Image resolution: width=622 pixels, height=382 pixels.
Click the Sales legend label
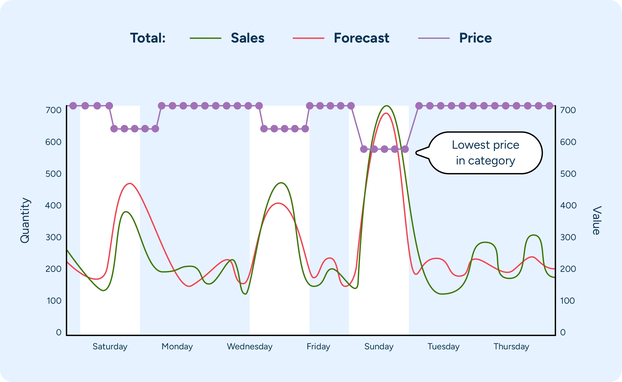[247, 38]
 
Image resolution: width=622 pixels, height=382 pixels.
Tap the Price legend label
[475, 38]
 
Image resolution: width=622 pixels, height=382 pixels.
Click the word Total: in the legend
[148, 38]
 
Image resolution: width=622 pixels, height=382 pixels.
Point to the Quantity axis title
[25, 220]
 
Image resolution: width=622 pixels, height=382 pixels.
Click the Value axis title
[596, 220]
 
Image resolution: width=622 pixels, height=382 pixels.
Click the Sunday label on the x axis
[379, 346]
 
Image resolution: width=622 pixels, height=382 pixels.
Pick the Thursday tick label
[511, 346]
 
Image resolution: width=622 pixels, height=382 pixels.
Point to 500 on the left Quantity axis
[53, 174]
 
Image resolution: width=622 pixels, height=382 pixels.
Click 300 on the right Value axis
[568, 237]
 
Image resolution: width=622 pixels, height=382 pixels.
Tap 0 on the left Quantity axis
[59, 332]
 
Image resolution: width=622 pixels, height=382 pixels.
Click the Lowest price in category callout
[485, 153]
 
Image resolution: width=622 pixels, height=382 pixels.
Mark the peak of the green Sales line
[386, 106]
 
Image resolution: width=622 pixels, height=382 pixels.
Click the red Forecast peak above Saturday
[130, 183]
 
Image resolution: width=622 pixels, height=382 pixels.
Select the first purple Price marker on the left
[73, 106]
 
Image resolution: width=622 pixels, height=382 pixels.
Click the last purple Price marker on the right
[549, 106]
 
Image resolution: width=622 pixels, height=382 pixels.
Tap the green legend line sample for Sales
[205, 38]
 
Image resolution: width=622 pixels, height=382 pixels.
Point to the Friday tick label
[318, 346]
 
